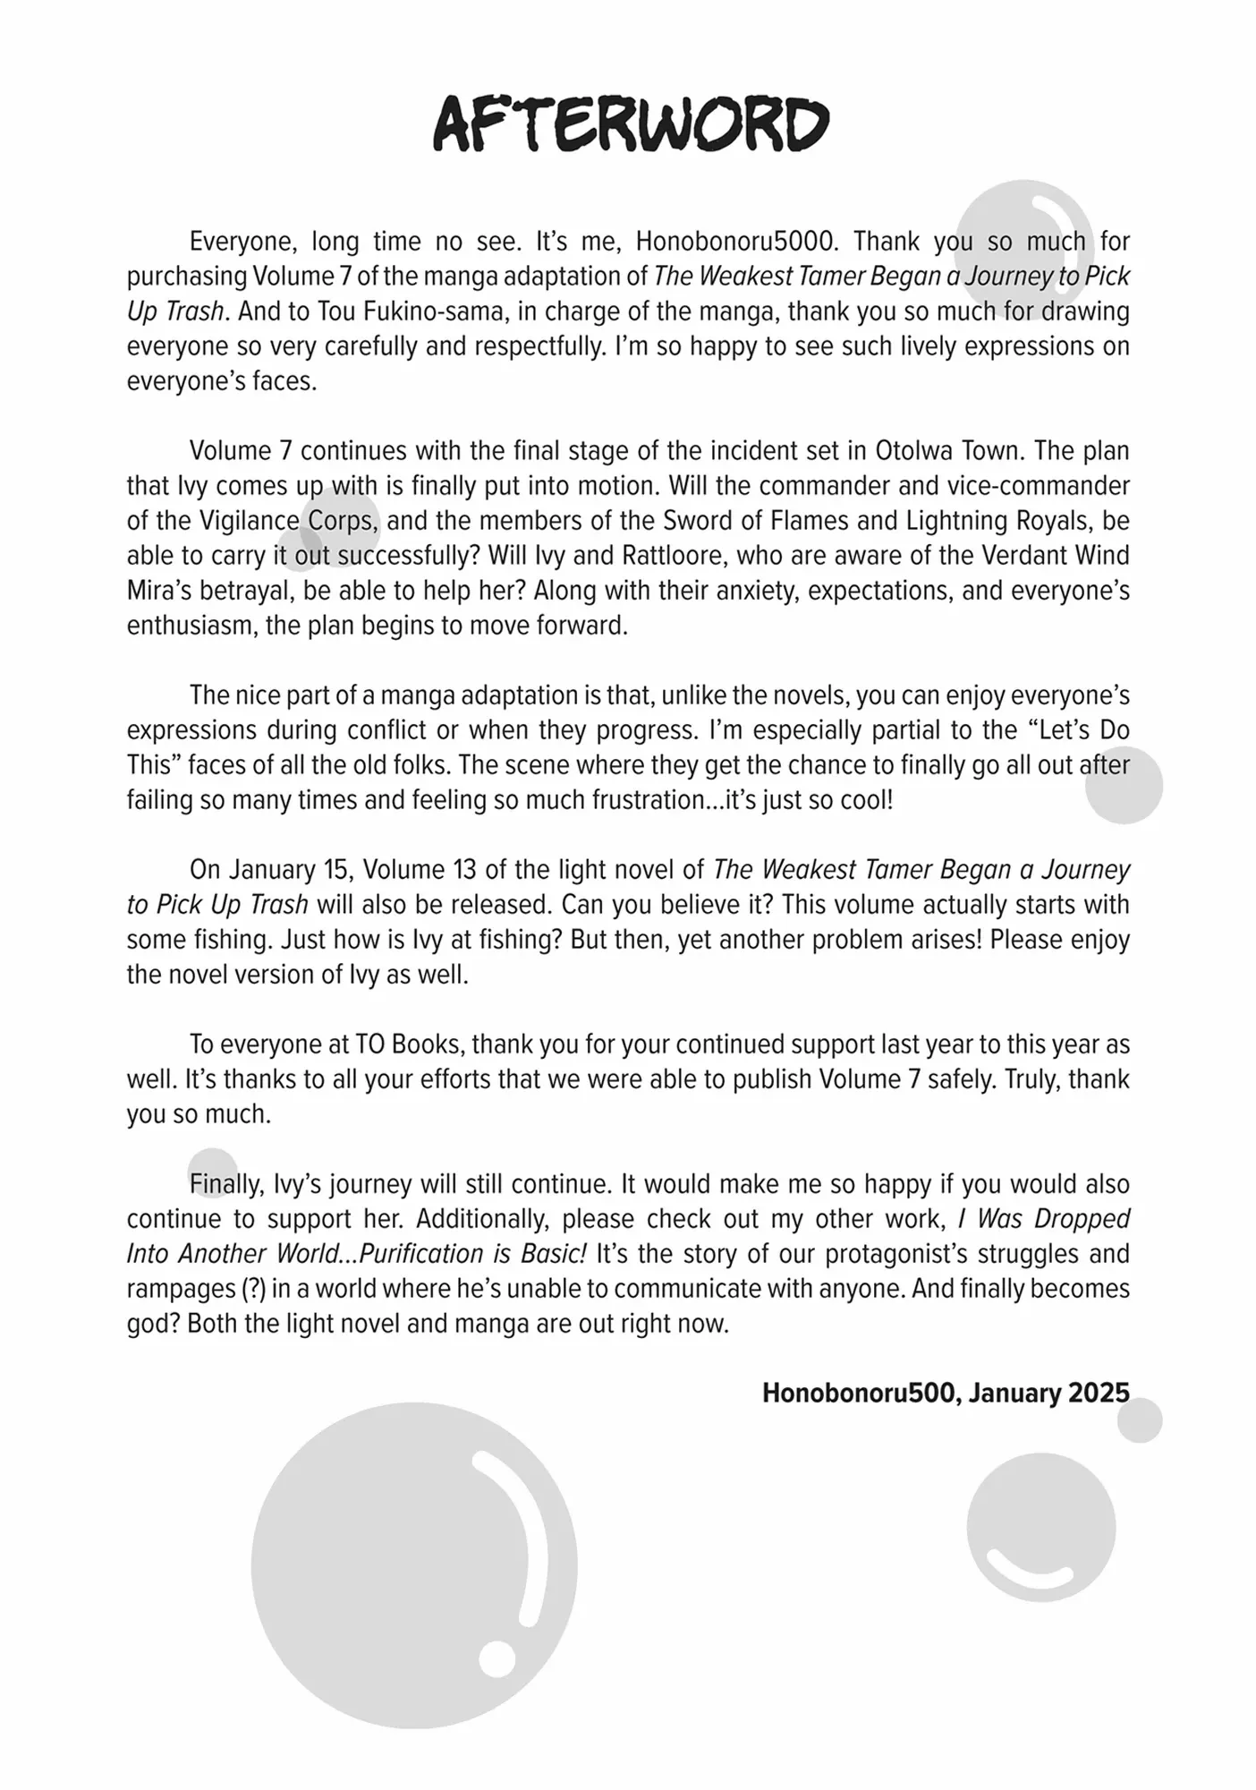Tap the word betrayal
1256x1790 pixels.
[240, 591]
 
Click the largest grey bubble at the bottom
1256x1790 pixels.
[413, 1566]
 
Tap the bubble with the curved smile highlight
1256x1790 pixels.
[1040, 1528]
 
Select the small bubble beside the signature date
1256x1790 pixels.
[1140, 1420]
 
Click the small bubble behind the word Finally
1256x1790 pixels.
[212, 1172]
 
